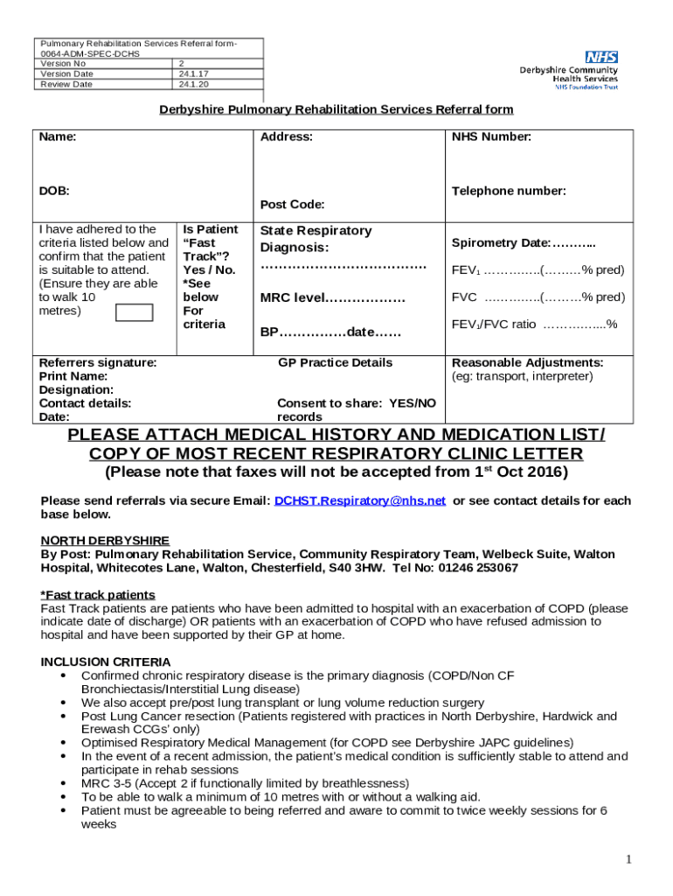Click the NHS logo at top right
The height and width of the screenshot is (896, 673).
click(602, 57)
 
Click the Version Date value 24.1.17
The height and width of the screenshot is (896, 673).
click(190, 74)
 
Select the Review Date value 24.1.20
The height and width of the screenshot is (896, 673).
click(190, 85)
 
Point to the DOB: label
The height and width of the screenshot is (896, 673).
click(54, 191)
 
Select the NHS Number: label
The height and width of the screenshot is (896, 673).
click(491, 137)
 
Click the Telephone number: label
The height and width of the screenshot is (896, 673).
click(509, 191)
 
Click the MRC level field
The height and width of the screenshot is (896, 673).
click(333, 298)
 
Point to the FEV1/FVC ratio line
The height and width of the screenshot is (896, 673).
click(534, 325)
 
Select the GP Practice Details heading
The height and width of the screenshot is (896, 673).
click(335, 362)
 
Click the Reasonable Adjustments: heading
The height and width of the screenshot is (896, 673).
click(527, 362)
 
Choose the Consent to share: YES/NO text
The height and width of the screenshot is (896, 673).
click(356, 403)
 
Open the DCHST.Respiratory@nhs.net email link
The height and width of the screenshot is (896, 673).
click(360, 501)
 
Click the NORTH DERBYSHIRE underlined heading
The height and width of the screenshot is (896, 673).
click(105, 541)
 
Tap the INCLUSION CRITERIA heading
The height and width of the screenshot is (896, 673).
click(106, 662)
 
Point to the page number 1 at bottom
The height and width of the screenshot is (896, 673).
click(628, 860)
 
